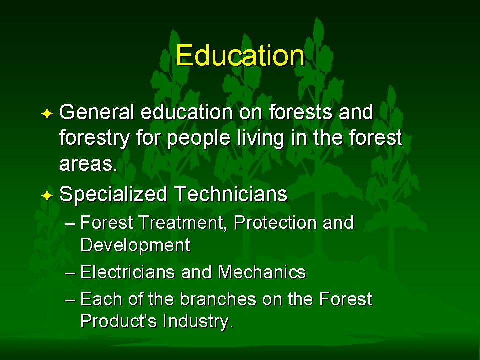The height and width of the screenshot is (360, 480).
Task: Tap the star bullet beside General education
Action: tap(47, 114)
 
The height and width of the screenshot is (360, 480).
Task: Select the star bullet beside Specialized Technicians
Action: tap(47, 195)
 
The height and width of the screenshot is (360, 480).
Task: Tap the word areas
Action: tap(88, 164)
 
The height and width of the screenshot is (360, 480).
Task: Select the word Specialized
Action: tap(113, 194)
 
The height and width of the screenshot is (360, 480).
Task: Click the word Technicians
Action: tap(231, 194)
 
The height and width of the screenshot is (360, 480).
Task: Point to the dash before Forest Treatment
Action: tap(70, 223)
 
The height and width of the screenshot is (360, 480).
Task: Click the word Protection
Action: tap(275, 222)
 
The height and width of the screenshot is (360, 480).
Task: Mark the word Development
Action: tap(135, 245)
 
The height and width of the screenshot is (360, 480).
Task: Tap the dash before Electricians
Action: tap(70, 273)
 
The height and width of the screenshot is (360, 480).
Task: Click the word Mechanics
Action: tap(262, 272)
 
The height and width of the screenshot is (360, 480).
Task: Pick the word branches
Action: tap(218, 299)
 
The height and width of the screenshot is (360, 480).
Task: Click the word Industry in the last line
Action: tap(198, 321)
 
